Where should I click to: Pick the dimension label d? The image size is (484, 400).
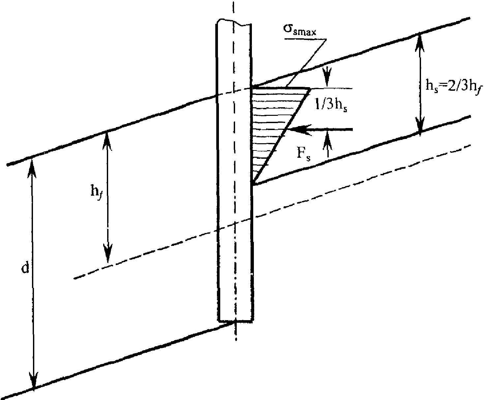coord(25,268)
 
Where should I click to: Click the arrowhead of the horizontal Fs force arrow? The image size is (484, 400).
coord(299,129)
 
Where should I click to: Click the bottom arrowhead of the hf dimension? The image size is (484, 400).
coord(107,253)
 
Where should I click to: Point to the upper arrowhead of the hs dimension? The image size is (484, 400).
coord(419,43)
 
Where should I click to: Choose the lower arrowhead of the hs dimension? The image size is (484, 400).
coord(420,126)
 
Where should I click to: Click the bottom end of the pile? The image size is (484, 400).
coord(235,321)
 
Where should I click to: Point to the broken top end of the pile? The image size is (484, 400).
coord(234,22)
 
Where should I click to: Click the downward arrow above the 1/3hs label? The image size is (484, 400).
coord(327,78)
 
